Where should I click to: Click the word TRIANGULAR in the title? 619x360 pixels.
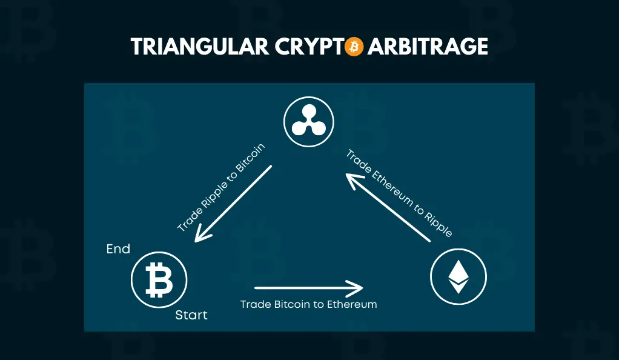(200, 47)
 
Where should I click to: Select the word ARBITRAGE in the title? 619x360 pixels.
(428, 47)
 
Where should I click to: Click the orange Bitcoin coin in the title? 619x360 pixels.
(354, 47)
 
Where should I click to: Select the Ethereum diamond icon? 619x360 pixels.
(458, 276)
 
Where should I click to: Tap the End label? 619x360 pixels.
(118, 249)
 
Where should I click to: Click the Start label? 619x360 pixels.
(191, 315)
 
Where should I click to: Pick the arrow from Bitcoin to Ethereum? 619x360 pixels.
(309, 288)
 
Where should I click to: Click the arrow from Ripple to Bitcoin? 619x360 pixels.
(233, 204)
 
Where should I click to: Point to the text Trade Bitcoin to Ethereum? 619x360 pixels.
(309, 304)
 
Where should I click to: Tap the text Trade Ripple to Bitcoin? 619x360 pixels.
(221, 188)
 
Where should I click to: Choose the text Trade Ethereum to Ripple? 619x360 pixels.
(399, 193)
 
